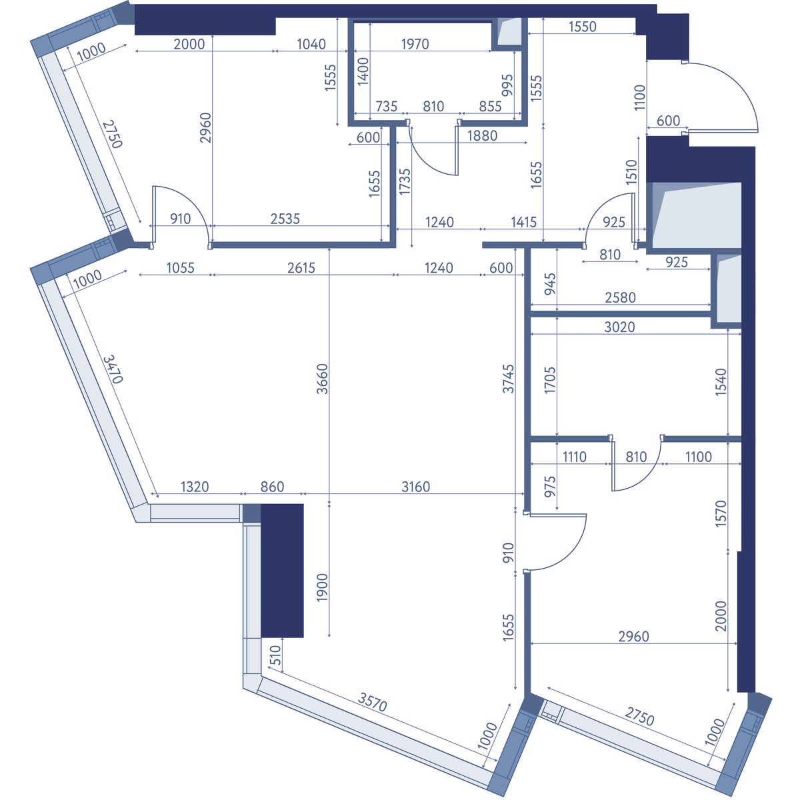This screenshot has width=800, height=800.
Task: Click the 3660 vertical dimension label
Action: (x=322, y=379)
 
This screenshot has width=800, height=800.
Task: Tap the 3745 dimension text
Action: (x=508, y=379)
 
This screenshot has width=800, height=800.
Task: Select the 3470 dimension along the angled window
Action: (x=113, y=369)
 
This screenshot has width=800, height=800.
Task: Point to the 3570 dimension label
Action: (x=373, y=702)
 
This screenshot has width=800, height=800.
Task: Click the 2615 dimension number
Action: (x=301, y=268)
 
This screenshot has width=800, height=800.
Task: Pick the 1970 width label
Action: (x=415, y=43)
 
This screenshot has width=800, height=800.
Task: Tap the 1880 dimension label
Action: (x=482, y=136)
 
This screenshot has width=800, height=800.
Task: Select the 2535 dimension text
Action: (x=285, y=219)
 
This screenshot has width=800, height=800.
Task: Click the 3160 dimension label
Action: (x=415, y=486)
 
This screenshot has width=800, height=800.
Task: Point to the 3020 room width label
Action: (x=619, y=327)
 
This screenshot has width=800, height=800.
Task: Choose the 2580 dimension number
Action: (x=620, y=297)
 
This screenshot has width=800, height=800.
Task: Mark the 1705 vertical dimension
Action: (x=549, y=380)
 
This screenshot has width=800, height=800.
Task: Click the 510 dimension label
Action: (x=275, y=656)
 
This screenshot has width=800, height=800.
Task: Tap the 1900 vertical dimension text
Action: (x=322, y=587)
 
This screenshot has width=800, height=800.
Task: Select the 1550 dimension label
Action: (x=583, y=27)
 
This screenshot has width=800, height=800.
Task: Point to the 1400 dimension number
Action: (x=363, y=71)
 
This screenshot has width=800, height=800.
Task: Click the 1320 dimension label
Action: (x=195, y=486)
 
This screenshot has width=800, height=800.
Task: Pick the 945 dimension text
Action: (x=549, y=285)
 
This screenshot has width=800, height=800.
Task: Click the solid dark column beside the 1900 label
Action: (x=282, y=571)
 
